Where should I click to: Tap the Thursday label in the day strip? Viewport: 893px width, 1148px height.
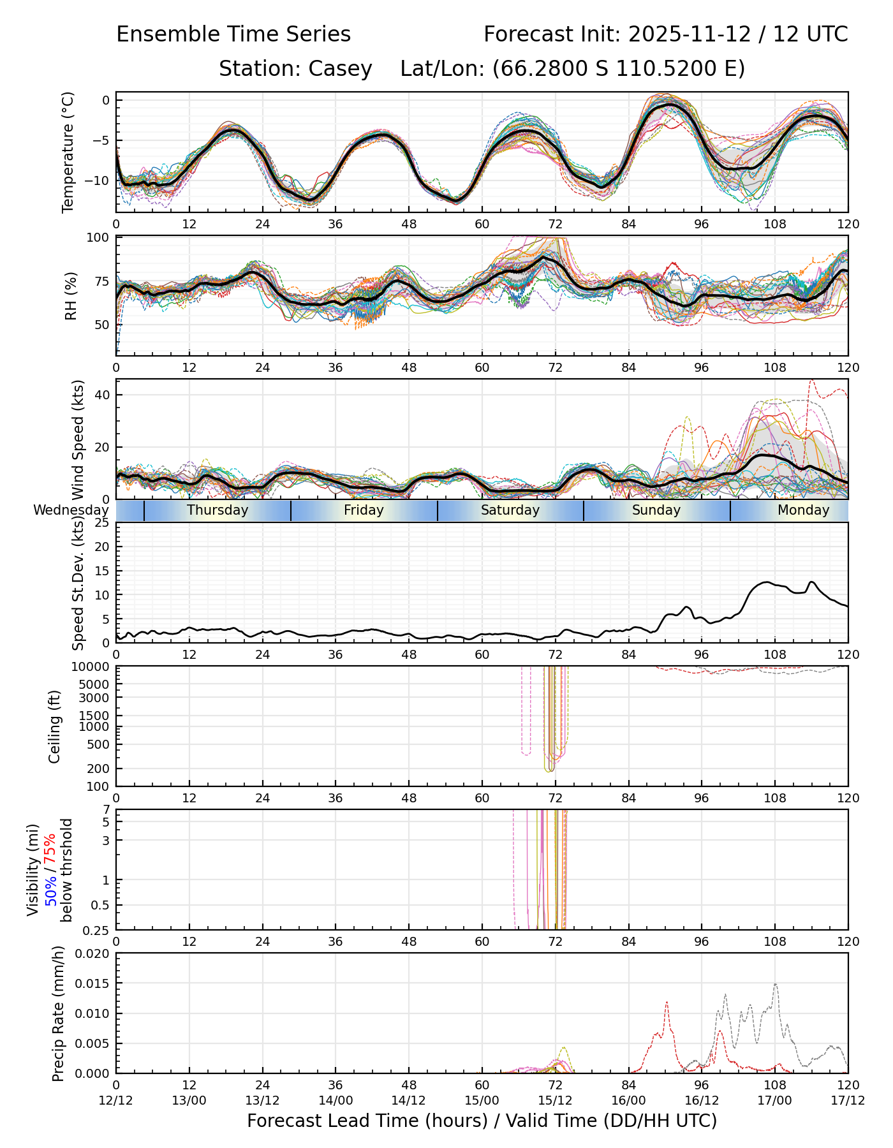pos(218,510)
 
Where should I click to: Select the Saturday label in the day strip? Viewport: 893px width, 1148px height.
pos(510,510)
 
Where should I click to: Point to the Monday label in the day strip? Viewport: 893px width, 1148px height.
pos(803,510)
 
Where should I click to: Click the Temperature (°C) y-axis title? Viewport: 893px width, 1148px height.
pos(68,152)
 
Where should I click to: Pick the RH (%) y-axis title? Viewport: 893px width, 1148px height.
pos(70,295)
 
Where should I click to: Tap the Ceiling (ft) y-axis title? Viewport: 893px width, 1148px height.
pos(55,726)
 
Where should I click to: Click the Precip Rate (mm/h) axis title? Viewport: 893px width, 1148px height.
pos(58,1013)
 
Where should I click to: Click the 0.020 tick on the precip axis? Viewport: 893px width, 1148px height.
pos(92,953)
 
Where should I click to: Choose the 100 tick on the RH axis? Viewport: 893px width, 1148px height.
pos(98,238)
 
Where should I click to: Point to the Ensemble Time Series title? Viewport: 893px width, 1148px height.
pos(233,34)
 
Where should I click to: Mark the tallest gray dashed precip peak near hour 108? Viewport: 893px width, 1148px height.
pos(776,984)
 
